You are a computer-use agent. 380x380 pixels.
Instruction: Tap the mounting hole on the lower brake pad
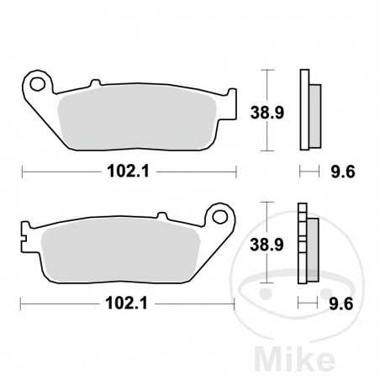pyautogui.click(x=223, y=216)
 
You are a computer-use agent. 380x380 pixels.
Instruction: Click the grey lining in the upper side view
pyautogui.click(x=313, y=109)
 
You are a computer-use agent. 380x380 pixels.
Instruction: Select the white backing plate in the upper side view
pyautogui.click(x=304, y=109)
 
